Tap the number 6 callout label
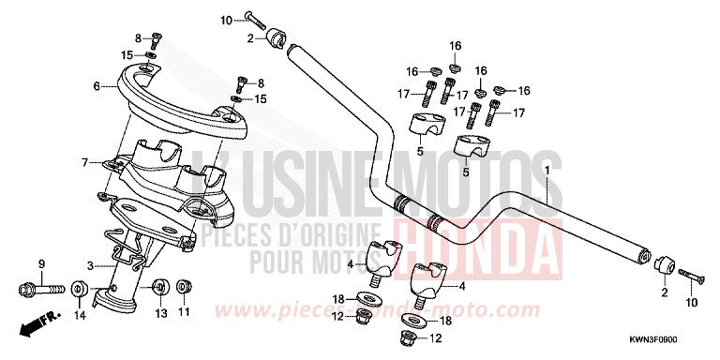pyautogui.click(x=96, y=87)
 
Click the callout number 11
pyautogui.click(x=184, y=312)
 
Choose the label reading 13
pyautogui.click(x=159, y=312)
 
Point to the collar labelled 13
pyautogui.click(x=159, y=285)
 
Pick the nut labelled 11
pyautogui.click(x=183, y=284)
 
